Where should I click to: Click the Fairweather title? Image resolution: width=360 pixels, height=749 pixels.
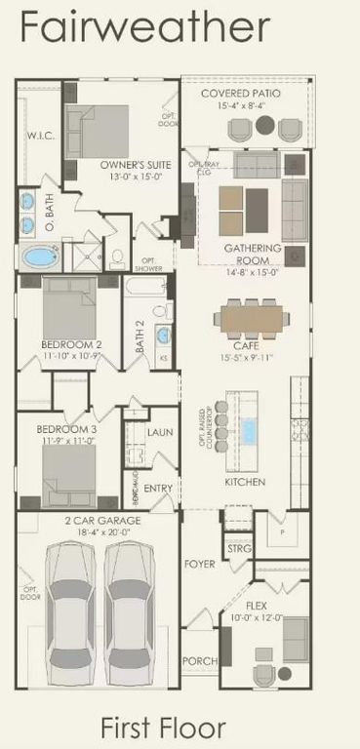(144, 26)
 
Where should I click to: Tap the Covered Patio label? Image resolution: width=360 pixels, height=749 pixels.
(240, 93)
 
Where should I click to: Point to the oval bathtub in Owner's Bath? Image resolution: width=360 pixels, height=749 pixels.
(40, 258)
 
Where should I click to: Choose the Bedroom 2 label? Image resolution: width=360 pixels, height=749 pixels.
(71, 344)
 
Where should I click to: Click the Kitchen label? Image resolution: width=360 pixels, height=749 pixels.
(246, 482)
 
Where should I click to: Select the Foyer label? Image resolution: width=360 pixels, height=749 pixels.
(199, 565)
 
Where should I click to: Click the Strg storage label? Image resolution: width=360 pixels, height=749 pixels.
(239, 549)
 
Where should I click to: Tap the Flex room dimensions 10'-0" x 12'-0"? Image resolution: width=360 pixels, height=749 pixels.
(256, 617)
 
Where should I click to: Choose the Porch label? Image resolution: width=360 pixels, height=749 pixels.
(199, 660)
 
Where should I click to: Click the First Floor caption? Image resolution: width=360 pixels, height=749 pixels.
(163, 727)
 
